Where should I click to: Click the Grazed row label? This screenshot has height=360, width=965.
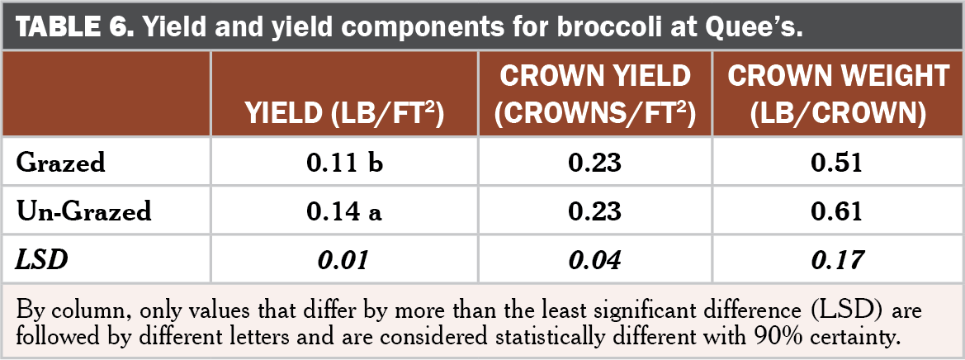(61, 163)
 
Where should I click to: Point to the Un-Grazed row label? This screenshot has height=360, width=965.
(84, 211)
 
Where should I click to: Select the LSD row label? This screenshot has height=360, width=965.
(41, 261)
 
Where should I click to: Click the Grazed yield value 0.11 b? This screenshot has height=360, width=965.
(345, 163)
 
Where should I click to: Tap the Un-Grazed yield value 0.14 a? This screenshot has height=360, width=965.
(345, 211)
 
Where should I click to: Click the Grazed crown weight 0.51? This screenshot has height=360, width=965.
(838, 163)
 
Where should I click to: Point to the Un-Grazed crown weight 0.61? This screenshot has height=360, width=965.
(838, 211)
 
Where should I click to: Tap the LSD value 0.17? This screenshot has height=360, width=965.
(838, 261)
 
